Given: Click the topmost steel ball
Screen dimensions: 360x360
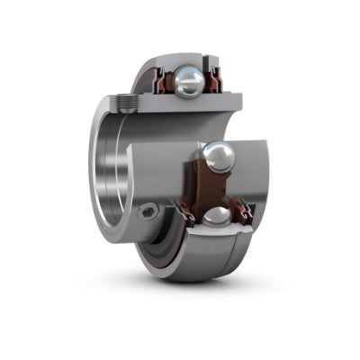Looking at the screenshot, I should coord(190,82).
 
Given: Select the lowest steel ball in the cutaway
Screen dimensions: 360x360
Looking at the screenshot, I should coord(218,216).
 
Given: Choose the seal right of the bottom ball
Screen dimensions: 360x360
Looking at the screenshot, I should coord(244,213).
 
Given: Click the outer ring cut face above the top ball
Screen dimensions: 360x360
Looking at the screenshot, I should coord(185,59).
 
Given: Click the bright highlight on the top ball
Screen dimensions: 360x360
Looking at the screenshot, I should coord(185,77).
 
